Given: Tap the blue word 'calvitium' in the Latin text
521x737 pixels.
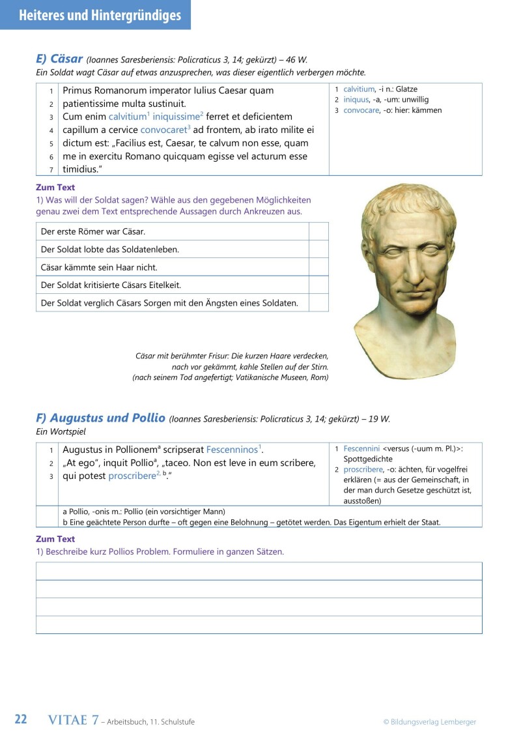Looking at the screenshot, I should [127, 117].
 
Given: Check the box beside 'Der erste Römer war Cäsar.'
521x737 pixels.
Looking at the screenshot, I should [318, 231].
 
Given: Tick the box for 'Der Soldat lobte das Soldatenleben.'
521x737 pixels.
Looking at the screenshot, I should [318, 249].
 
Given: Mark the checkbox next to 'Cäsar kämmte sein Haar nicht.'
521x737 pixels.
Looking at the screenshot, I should [318, 267].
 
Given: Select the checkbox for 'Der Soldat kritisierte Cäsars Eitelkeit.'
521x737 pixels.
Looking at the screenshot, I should [318, 285].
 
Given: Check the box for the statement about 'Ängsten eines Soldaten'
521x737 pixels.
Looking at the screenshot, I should [318, 302].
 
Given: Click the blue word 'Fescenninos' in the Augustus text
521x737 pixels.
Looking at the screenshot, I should [232, 450].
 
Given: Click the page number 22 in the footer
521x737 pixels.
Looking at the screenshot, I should [21, 719].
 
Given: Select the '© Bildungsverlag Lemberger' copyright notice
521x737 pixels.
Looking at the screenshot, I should [429, 721].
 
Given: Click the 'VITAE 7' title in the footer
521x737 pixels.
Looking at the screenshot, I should [74, 720].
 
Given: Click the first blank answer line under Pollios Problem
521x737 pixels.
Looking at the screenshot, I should [259, 571].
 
